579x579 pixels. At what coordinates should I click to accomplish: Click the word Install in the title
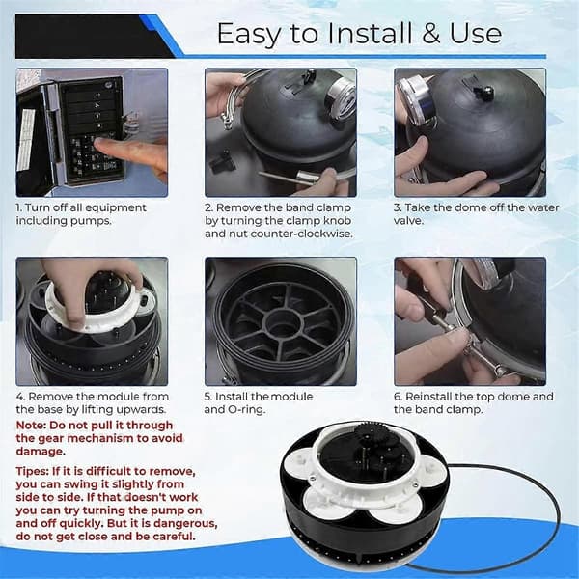point(370,34)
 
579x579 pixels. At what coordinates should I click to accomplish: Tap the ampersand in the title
point(431,34)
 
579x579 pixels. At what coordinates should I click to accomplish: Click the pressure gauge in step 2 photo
point(341,99)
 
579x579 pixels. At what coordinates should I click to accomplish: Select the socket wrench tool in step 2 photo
point(290,177)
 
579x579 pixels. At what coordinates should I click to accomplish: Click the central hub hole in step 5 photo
point(283,322)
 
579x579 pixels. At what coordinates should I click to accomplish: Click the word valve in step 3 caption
point(407,221)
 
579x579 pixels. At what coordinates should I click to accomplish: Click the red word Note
point(31,426)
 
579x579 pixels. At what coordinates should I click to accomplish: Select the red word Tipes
point(32,472)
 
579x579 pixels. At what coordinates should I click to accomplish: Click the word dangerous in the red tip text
point(185,524)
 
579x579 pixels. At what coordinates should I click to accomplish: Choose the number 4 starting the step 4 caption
point(20,397)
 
